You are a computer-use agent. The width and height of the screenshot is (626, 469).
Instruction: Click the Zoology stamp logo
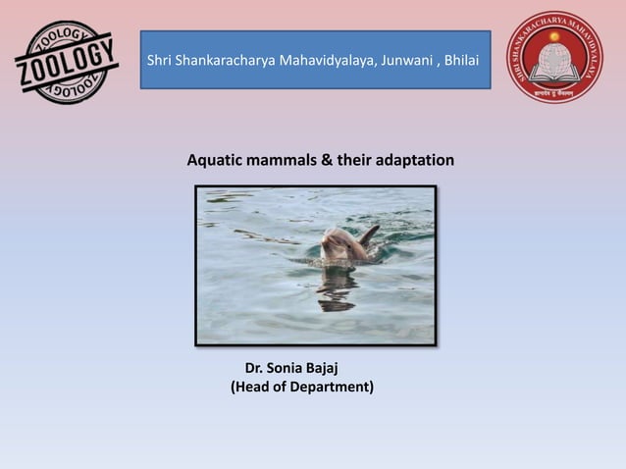point(67,61)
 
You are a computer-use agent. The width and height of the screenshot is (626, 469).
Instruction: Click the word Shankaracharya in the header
point(227,61)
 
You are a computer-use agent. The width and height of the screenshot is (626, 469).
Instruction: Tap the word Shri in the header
point(159,61)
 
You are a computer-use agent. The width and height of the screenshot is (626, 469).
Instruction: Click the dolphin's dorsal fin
point(369,235)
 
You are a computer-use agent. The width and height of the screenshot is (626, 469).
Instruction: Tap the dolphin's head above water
point(339,243)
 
